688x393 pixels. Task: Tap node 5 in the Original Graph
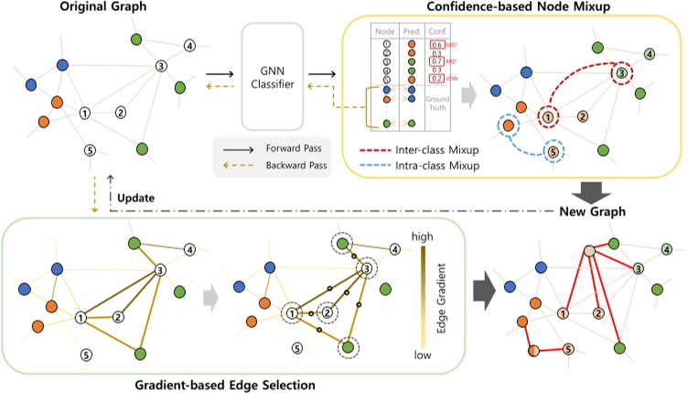point(89,150)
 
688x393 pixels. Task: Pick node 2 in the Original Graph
point(121,113)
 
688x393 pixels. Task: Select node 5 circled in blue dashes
point(554,151)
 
